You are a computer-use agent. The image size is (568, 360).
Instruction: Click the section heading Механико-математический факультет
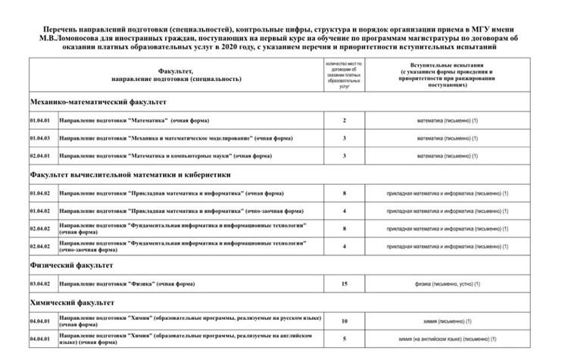click(x=98, y=102)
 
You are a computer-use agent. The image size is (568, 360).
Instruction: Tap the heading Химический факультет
click(x=71, y=302)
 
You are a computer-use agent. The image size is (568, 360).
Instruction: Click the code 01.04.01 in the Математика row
click(x=39, y=121)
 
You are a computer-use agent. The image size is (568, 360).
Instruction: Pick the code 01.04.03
click(x=39, y=139)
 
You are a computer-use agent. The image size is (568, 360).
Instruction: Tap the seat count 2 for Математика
click(x=345, y=121)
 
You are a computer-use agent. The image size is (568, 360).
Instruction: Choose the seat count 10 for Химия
click(x=345, y=321)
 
